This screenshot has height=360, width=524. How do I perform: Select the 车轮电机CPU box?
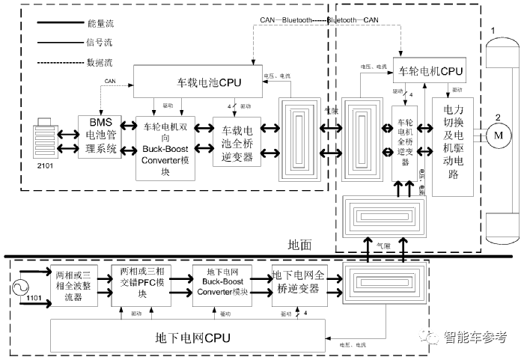coord(431,72)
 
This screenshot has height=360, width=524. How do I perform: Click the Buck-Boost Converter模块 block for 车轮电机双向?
coord(165,147)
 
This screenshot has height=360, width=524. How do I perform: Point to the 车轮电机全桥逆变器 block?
coord(404,141)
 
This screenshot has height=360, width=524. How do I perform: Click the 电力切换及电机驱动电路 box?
coord(452,145)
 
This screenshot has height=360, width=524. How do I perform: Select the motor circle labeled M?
coord(496,135)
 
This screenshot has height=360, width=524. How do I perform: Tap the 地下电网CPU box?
coord(187,335)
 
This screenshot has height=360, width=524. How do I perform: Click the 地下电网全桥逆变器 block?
coord(298,284)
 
